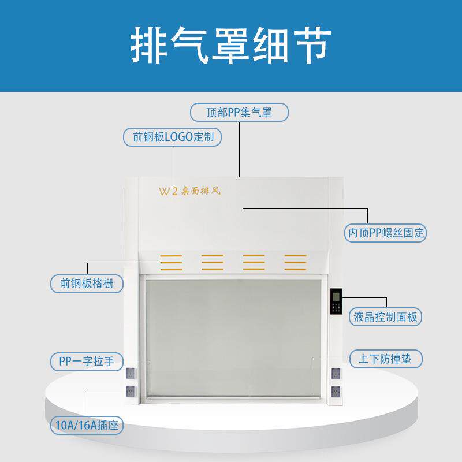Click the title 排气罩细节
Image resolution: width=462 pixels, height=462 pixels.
click(x=230, y=46)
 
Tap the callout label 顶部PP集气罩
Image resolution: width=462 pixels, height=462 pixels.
click(x=239, y=112)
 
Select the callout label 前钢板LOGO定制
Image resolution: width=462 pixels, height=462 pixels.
click(x=172, y=137)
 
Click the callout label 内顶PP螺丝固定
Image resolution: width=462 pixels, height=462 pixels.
click(x=385, y=233)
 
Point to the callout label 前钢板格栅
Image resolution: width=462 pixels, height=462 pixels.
click(x=87, y=284)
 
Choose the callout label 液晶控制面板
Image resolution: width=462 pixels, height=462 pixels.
click(x=385, y=317)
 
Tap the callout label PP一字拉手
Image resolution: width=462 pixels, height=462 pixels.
click(x=87, y=362)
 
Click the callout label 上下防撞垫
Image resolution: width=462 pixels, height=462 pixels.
click(x=386, y=359)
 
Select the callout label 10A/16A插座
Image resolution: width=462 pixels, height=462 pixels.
click(x=87, y=425)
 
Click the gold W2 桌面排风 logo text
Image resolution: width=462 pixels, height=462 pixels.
click(x=189, y=191)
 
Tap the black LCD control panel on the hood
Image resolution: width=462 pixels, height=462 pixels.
click(x=336, y=301)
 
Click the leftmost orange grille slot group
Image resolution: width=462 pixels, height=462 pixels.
click(x=171, y=262)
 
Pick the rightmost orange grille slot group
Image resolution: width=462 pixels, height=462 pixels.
click(x=296, y=262)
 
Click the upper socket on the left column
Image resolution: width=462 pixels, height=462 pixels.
click(x=131, y=373)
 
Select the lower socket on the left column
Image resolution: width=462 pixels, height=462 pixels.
click(x=131, y=392)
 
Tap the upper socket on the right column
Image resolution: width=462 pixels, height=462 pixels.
click(x=336, y=373)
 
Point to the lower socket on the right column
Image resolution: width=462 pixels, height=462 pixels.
click(x=336, y=392)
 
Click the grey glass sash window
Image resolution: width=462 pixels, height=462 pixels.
click(x=233, y=338)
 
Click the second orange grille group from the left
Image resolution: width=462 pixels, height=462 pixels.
click(x=213, y=262)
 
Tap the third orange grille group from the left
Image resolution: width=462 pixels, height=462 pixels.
click(x=254, y=262)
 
